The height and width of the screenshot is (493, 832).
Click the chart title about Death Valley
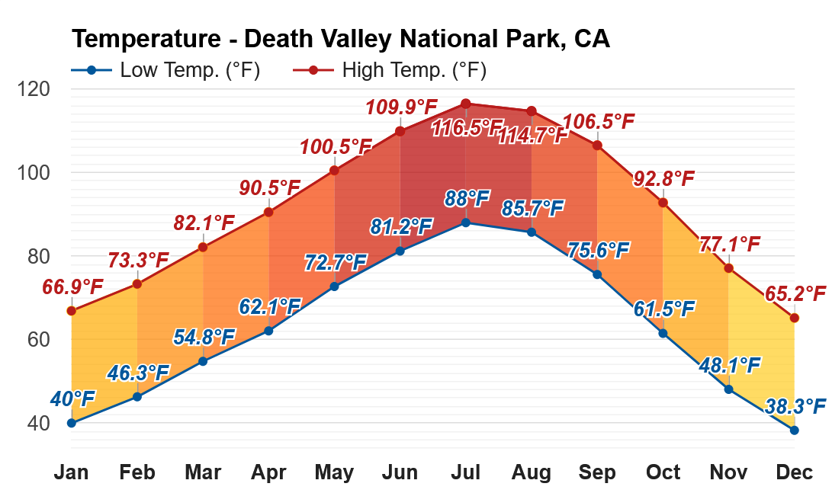click(341, 39)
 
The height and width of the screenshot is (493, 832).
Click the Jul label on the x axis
click(465, 472)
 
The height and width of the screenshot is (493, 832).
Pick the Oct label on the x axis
click(663, 472)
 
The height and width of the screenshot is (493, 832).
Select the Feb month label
click(137, 472)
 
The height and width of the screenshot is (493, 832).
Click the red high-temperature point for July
click(466, 104)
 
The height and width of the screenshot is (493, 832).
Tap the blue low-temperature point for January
click(72, 423)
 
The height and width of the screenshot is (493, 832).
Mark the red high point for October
click(663, 203)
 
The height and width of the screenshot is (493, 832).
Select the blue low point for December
click(795, 430)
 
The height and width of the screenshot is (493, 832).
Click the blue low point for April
click(268, 331)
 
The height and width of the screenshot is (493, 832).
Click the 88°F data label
click(467, 200)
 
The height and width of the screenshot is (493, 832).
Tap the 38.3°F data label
click(796, 406)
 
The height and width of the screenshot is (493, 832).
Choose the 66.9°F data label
click(72, 287)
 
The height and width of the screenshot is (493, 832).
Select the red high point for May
click(334, 170)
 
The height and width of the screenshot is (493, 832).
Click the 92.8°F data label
click(663, 179)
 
